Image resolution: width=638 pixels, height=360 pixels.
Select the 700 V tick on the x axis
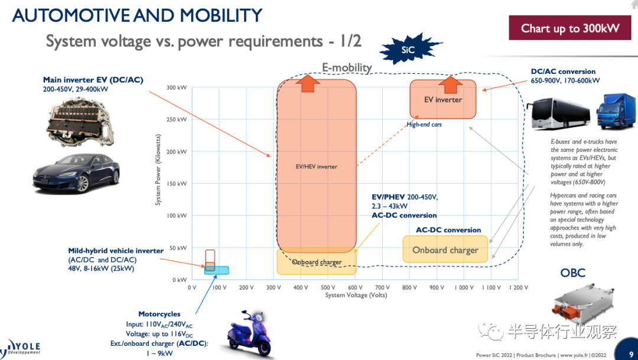(x=382, y=287)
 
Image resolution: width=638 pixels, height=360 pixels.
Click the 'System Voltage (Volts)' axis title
(x=356, y=295)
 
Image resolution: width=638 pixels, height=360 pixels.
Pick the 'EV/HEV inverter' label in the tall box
(x=316, y=167)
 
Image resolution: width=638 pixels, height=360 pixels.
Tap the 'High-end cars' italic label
(x=424, y=125)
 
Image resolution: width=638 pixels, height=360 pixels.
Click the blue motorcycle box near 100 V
(x=216, y=270)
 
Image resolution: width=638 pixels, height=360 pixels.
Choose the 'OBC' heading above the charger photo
(x=572, y=273)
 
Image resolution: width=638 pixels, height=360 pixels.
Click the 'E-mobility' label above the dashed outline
(x=346, y=67)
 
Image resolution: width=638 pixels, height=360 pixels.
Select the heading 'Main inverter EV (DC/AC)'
(x=93, y=80)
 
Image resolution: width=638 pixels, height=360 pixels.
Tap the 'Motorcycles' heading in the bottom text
(x=159, y=314)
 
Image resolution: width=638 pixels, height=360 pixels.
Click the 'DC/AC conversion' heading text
(x=563, y=72)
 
